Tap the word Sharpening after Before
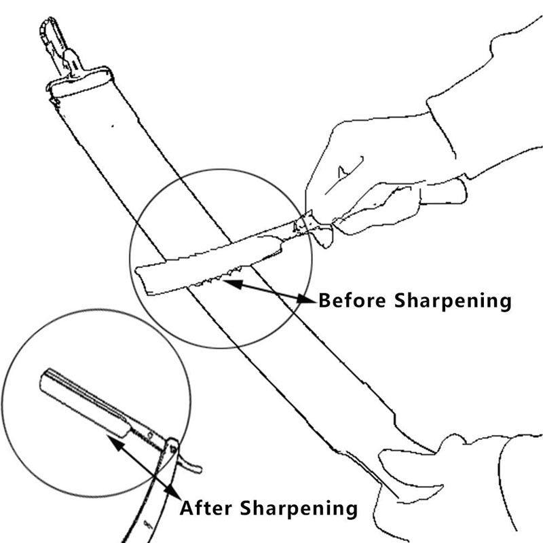pos(453,301)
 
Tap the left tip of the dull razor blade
pos(136,270)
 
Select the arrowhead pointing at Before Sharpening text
pos(307,299)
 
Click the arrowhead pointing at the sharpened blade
pos(115,443)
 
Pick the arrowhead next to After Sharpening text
pos(173,491)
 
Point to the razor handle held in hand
pos(443,191)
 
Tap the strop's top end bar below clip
pos(80,83)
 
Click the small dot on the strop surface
pos(113,126)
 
